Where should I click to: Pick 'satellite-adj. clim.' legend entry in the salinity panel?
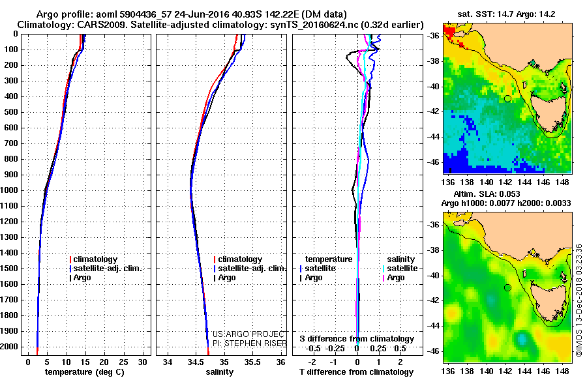[252, 269]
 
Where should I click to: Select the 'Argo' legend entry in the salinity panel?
[227, 278]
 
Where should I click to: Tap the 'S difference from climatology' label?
[357, 339]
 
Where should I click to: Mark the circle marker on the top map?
[507, 98]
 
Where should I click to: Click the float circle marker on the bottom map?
[507, 287]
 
